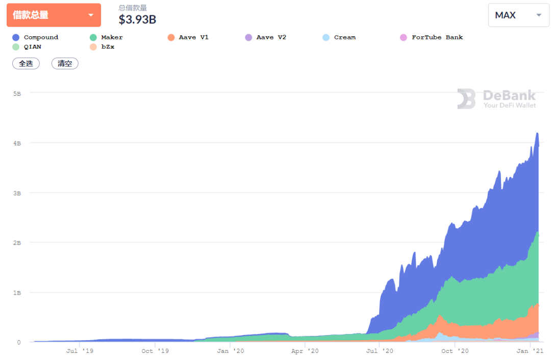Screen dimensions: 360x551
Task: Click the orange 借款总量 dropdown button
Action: click(x=54, y=15)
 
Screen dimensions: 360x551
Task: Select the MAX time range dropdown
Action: click(x=518, y=15)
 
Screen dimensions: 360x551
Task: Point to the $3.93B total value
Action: click(x=137, y=19)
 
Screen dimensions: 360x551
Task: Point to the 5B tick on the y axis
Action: click(x=17, y=94)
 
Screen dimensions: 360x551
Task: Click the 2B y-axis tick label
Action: click(x=17, y=243)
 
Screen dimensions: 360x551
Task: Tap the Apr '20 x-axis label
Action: click(x=305, y=351)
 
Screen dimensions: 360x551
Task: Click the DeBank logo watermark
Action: click(x=496, y=99)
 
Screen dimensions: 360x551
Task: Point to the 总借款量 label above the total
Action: click(x=133, y=8)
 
